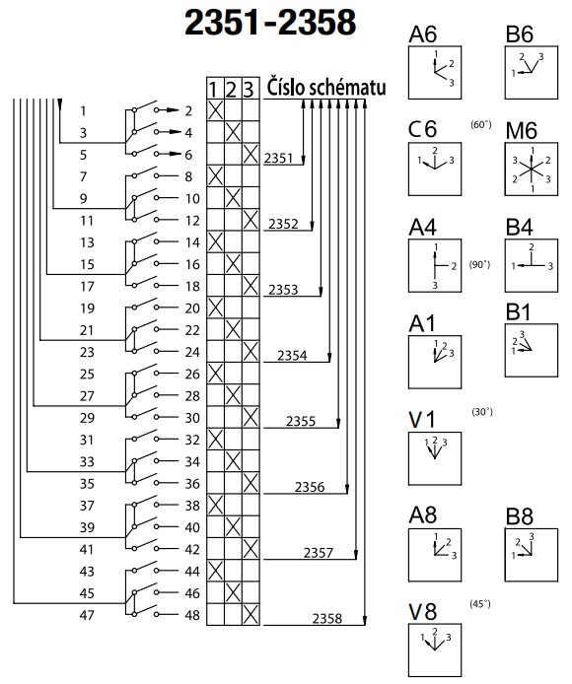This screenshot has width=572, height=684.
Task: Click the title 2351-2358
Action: click(270, 23)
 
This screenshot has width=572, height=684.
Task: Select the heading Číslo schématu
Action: click(326, 87)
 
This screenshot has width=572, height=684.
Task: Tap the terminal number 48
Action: click(192, 615)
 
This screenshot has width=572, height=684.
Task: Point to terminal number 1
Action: click(83, 110)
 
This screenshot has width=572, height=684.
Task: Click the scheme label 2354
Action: click(292, 356)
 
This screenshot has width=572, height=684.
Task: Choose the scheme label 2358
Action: click(327, 619)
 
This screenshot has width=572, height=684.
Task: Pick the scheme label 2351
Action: click(278, 158)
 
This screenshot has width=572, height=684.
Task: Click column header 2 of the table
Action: click(233, 90)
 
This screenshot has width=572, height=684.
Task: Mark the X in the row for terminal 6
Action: click(250, 155)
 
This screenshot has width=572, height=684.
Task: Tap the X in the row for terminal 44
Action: click(215, 571)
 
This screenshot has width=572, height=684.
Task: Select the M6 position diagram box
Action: click(531, 169)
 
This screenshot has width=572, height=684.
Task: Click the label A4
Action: click(423, 227)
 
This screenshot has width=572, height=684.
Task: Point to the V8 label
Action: click(423, 611)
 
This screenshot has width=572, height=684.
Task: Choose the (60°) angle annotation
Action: click(481, 125)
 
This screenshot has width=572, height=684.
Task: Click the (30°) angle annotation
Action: click(482, 412)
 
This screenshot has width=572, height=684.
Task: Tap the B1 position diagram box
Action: click(531, 350)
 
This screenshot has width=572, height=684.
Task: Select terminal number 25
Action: click(87, 374)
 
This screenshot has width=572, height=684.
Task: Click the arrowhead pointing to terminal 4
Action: click(176, 132)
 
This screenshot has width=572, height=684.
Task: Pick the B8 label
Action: click(520, 516)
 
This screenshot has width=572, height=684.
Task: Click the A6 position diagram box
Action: click(435, 72)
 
